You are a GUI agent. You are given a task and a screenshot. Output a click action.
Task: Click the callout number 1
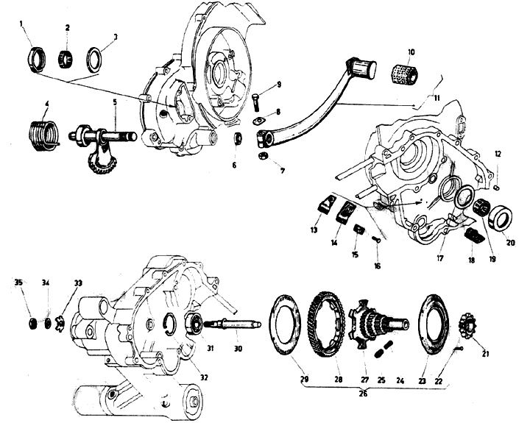point(22,24)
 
